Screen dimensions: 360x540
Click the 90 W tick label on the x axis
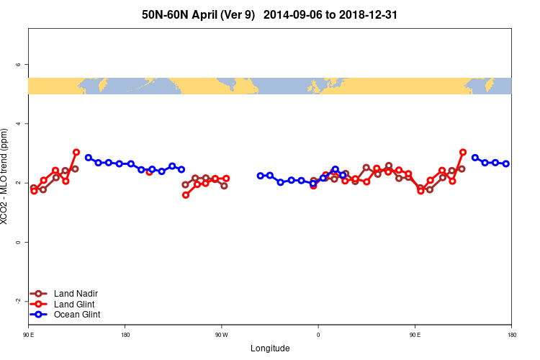coord(221,335)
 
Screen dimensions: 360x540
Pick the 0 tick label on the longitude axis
coord(318,335)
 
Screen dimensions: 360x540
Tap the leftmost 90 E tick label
coord(28,335)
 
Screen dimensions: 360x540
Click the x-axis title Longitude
coord(270,348)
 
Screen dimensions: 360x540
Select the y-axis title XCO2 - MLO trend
coord(6,176)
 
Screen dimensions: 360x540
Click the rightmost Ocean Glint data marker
coord(506,163)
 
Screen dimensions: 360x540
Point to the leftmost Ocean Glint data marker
coord(89,158)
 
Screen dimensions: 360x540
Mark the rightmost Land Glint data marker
coord(463,153)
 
